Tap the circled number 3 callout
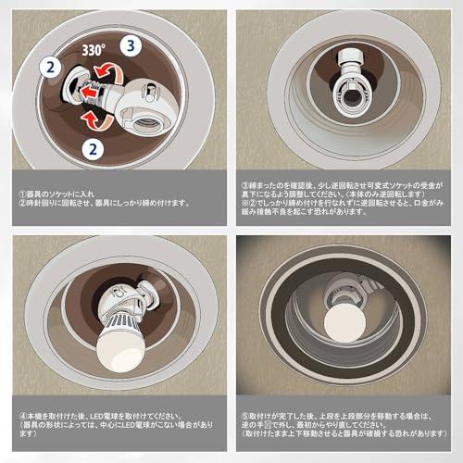click(x=131, y=44)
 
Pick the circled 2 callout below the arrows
click(x=89, y=146)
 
